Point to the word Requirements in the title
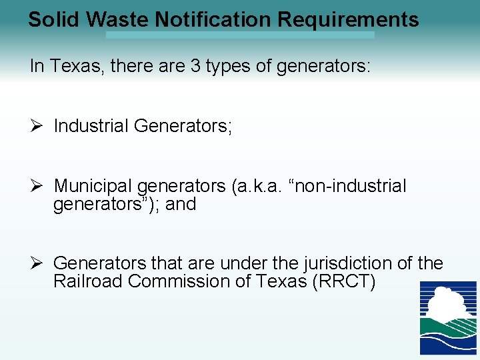[x=348, y=19]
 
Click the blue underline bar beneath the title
[x=240, y=35]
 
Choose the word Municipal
[x=94, y=186]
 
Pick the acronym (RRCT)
[x=343, y=281]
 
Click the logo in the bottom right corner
[x=447, y=317]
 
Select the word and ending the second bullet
[x=181, y=204]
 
